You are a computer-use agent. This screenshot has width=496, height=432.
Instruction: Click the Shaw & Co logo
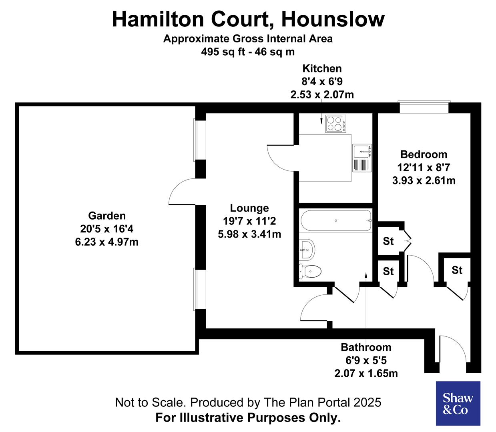tap(458, 403)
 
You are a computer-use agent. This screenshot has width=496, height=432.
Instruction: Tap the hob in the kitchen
tap(335, 124)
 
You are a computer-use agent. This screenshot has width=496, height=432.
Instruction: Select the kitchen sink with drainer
tap(362, 158)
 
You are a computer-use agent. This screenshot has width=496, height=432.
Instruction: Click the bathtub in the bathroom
tap(335, 220)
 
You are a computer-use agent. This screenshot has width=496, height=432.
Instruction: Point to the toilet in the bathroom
tap(310, 271)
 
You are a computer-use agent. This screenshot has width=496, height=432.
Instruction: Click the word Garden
tap(107, 216)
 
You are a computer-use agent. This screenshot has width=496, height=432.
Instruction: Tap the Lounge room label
tap(249, 208)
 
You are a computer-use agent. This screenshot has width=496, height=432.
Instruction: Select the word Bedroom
tap(424, 154)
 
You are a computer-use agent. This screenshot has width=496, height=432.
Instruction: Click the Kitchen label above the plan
tap(322, 68)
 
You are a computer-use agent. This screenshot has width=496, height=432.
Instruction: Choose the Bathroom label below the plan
tap(366, 347)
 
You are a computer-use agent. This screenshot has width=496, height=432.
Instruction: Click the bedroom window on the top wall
tap(424, 108)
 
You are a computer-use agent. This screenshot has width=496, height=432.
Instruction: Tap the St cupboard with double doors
tap(388, 241)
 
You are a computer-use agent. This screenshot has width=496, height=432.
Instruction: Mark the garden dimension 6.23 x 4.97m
tap(107, 242)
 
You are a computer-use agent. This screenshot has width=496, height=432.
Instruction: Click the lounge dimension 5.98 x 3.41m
tap(249, 234)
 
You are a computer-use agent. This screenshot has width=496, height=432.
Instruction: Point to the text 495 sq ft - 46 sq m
tap(248, 52)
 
